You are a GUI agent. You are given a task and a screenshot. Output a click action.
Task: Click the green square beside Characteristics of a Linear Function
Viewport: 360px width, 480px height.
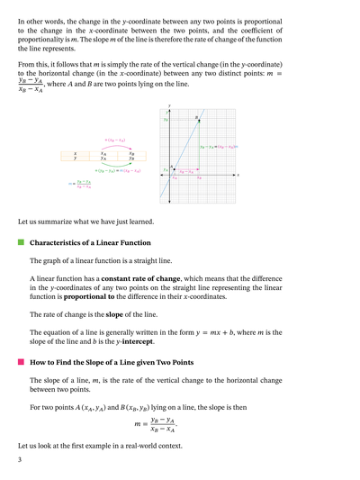(x=21, y=243)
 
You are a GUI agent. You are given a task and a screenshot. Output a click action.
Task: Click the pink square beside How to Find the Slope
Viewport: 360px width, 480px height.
(x=21, y=362)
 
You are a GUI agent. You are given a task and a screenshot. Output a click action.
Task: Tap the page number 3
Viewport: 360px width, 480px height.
(x=20, y=459)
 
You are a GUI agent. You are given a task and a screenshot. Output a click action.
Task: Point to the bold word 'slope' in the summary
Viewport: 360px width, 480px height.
(x=123, y=314)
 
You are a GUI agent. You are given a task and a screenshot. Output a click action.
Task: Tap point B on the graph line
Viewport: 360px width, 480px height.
(x=196, y=121)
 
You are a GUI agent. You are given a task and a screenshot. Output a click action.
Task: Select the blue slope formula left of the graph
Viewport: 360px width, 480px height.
(x=81, y=185)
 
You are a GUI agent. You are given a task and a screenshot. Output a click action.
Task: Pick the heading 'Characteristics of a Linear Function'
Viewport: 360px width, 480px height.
(x=90, y=243)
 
